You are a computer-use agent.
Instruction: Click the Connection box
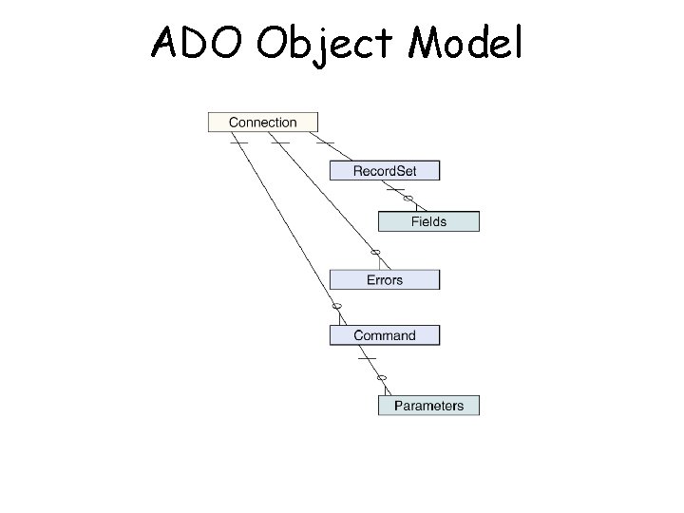tap(263, 122)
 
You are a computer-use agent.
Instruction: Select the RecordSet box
tap(385, 171)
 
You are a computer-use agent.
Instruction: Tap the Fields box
tap(428, 221)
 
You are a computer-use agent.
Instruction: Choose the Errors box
tap(385, 279)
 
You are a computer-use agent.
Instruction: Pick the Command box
tap(385, 335)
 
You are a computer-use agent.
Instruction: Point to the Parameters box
tap(428, 406)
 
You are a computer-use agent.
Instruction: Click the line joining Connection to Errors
tap(328, 195)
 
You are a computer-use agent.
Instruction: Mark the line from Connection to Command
tap(285, 223)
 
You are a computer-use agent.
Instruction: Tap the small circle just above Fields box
tap(408, 199)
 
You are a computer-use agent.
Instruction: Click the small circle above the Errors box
tap(375, 252)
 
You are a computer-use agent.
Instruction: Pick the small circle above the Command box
tap(335, 307)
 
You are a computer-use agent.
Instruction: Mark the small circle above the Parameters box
tap(382, 378)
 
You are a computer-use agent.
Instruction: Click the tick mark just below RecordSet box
tap(395, 189)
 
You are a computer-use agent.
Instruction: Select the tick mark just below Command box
tap(367, 358)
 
